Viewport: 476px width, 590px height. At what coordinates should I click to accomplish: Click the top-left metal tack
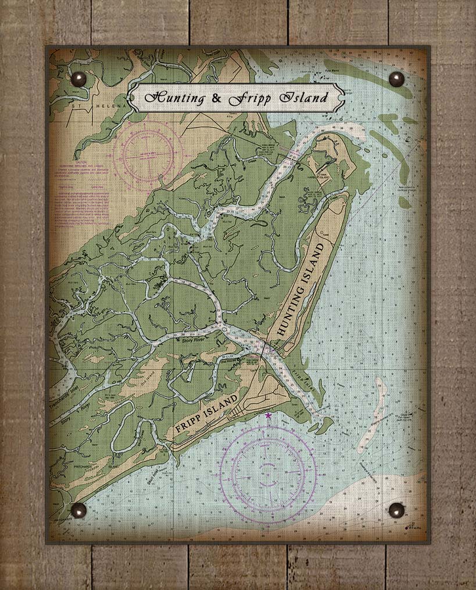[78, 79]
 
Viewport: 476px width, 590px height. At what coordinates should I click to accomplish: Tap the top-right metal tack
[396, 79]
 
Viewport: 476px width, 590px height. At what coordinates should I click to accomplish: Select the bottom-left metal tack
[78, 510]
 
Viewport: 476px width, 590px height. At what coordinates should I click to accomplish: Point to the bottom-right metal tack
[396, 510]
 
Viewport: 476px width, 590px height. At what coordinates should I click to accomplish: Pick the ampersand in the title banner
[216, 98]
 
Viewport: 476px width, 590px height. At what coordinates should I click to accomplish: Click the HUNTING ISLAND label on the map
[300, 290]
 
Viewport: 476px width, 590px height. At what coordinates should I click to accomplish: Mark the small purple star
[268, 415]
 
